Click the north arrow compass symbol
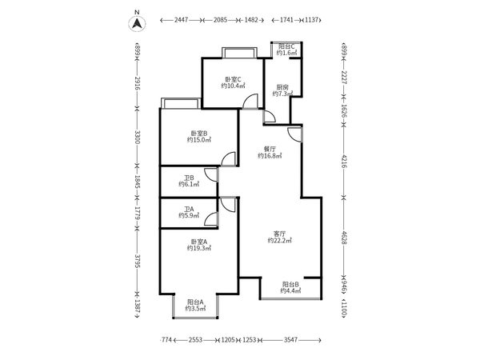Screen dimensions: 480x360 click(137, 23)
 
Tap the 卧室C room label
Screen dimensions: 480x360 click(234, 79)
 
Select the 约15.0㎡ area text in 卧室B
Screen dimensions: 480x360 click(199, 140)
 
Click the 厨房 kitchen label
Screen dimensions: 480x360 click(282, 87)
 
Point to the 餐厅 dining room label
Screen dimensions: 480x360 click(270, 149)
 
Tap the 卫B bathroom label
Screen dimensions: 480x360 click(189, 178)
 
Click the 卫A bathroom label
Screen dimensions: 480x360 click(189, 209)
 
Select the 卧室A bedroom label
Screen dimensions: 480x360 click(199, 242)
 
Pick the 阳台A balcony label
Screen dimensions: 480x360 click(195, 302)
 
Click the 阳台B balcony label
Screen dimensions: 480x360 click(290, 284)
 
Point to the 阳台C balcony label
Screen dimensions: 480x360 click(286, 46)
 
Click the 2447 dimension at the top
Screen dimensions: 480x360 click(182, 20)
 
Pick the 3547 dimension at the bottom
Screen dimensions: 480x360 click(291, 339)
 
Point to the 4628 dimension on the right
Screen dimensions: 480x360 click(343, 238)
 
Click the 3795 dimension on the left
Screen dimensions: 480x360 click(137, 261)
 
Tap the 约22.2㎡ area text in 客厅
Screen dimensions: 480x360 click(279, 240)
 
